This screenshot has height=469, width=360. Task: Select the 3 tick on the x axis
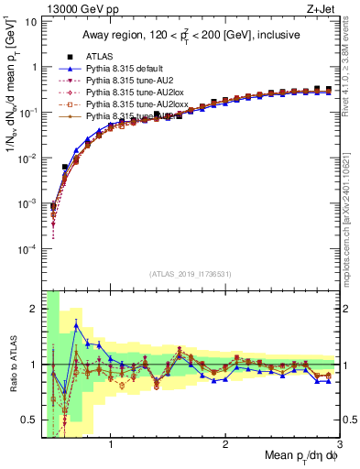pos(339,445)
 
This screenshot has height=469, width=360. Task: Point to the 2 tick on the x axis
pos(225,445)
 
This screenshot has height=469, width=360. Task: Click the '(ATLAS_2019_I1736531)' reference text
pos(190,274)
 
